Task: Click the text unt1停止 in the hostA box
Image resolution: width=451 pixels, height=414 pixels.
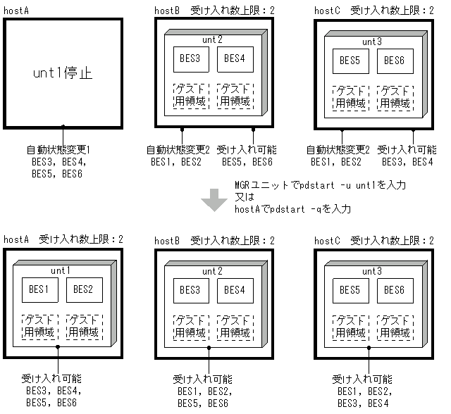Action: [x=63, y=73]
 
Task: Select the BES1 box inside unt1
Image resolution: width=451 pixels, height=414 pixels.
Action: [x=38, y=289]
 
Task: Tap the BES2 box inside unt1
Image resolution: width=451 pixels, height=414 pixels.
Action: [x=83, y=289]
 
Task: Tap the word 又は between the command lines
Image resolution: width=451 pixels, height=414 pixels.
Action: [x=243, y=197]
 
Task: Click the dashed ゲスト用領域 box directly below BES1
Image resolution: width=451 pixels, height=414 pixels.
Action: [x=38, y=325]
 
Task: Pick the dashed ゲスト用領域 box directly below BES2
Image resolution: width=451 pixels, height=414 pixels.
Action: [x=83, y=325]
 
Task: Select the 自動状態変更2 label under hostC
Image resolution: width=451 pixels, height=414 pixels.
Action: [x=338, y=150]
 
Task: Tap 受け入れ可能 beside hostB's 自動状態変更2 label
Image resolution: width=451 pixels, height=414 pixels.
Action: [x=247, y=150]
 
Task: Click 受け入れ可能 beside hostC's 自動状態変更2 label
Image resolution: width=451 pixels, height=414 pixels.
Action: [x=407, y=150]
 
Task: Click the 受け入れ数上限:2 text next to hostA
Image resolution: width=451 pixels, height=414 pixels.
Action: [x=81, y=240]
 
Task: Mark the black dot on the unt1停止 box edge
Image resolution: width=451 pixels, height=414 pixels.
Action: [x=63, y=127]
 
